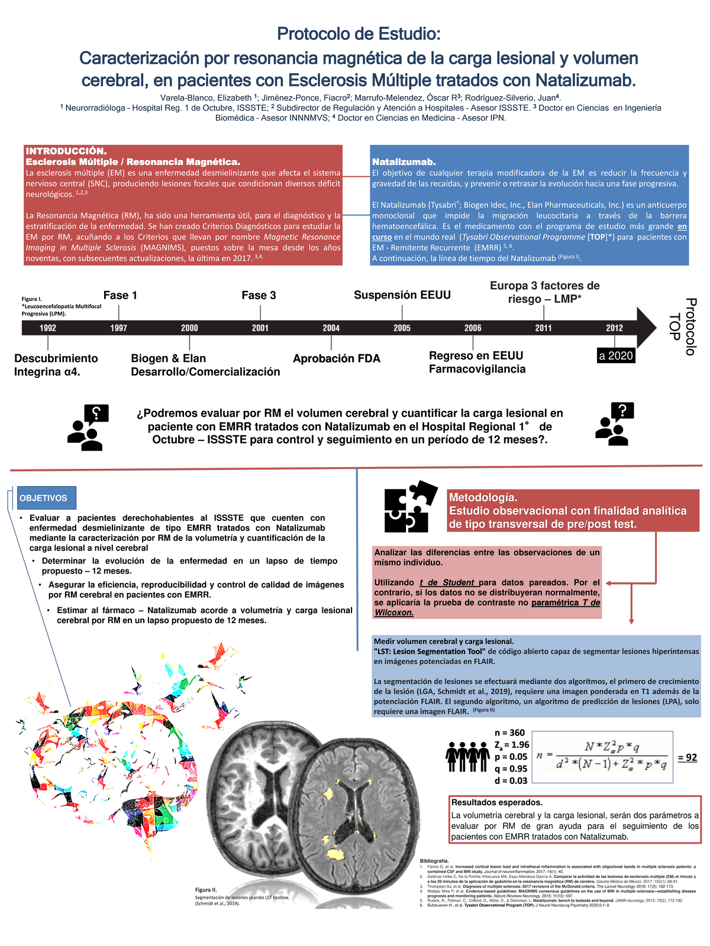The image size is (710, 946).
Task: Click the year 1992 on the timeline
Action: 48,328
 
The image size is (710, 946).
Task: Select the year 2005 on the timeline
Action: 402,328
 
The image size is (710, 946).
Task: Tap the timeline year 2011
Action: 543,328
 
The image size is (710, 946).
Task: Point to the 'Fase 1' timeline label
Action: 120,295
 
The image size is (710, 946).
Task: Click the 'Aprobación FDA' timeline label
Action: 337,358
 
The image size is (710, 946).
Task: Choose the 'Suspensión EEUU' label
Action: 402,295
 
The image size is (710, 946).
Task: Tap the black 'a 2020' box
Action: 616,356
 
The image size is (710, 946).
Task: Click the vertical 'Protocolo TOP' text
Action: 682,326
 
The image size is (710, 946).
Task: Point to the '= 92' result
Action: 687,757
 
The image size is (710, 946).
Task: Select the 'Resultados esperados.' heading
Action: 497,802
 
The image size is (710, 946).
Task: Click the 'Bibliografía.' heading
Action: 434,860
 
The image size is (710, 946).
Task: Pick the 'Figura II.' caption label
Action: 206,890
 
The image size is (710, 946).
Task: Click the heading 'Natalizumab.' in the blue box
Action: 404,162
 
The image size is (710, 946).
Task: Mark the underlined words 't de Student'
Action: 447,582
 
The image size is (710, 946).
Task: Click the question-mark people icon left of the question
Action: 88,427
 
